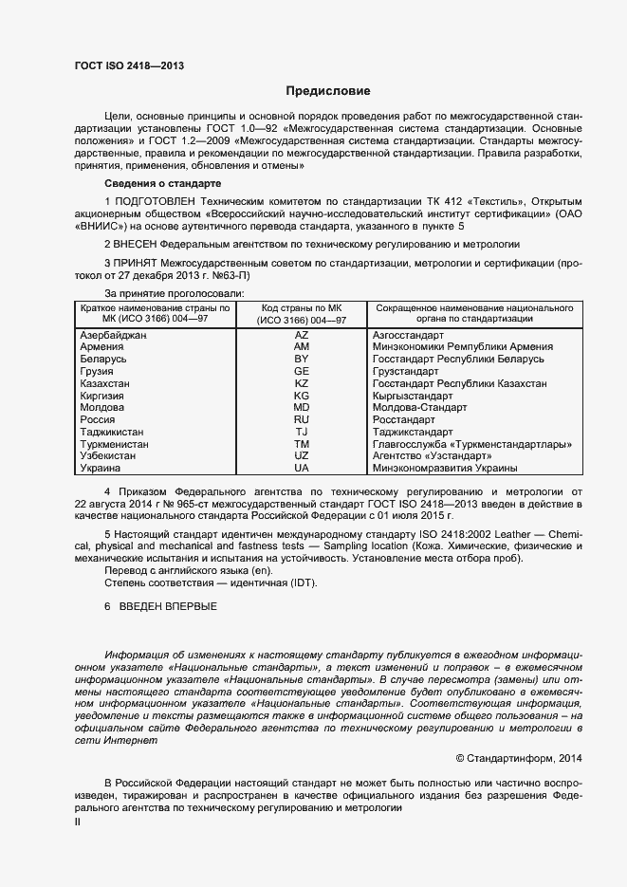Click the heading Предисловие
[328, 91]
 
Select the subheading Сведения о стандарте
[162, 182]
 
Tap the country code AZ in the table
[302, 336]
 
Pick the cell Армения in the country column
[102, 348]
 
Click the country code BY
[302, 360]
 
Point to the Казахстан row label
[106, 383]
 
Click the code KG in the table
[302, 396]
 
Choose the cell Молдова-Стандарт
[420, 407]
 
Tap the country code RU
[302, 419]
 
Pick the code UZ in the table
[302, 455]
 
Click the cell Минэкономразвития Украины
[445, 468]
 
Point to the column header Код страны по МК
[302, 308]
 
